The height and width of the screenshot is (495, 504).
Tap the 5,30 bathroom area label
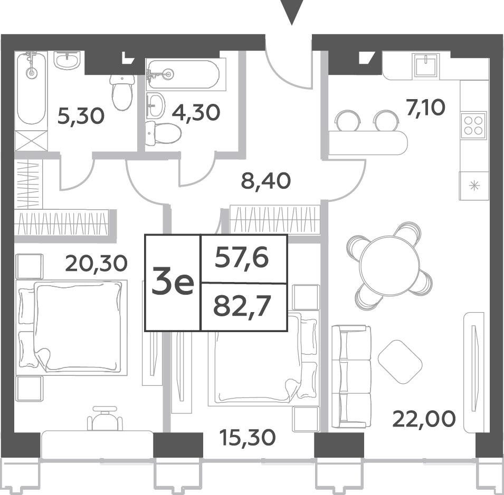click(81, 116)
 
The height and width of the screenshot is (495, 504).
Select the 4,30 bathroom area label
click(196, 112)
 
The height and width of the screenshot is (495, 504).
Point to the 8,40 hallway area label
click(266, 181)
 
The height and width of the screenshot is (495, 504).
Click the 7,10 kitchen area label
click(425, 108)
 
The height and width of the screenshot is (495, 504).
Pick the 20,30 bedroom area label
click(97, 263)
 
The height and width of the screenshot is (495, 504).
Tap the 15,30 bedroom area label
click(248, 438)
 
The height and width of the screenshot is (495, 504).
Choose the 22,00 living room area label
click(424, 419)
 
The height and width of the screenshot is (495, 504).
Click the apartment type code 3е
click(173, 282)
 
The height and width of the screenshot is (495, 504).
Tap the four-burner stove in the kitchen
click(473, 125)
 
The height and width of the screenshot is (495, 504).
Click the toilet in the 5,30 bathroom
click(122, 92)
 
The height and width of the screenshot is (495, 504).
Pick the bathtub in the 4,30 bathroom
click(183, 74)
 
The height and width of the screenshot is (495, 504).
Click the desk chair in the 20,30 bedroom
click(105, 418)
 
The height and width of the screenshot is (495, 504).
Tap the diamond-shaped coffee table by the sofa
click(400, 362)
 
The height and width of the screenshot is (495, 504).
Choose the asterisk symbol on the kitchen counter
click(474, 186)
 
